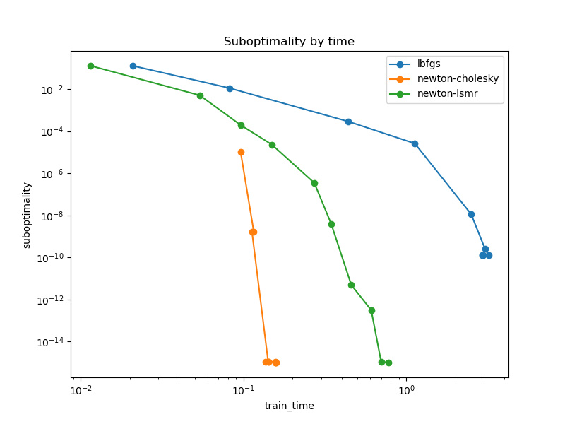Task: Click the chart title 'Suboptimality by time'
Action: point(289,42)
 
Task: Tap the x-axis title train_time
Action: point(289,406)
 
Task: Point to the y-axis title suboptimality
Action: point(27,215)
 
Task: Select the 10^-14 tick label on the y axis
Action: point(51,342)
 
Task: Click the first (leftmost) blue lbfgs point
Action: point(133,66)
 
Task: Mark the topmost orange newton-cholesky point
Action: point(241,152)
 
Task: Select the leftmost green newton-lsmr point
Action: point(90,66)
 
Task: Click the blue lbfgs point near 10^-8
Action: point(471,214)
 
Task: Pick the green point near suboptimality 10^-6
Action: point(314,183)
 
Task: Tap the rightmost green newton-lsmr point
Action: point(388,363)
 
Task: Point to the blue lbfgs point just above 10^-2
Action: point(230,88)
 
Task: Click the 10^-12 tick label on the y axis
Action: point(51,300)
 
